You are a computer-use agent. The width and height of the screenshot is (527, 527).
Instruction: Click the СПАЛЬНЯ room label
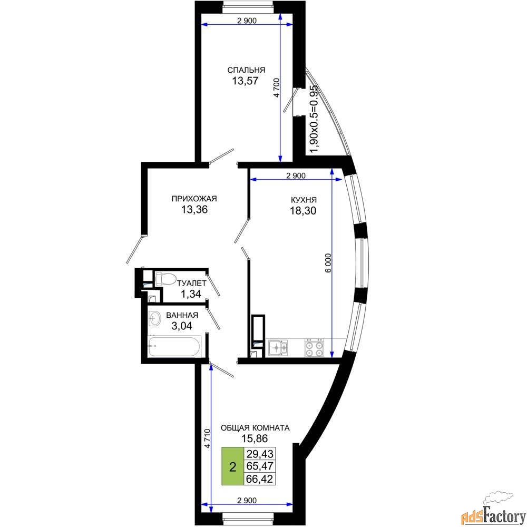click(246, 70)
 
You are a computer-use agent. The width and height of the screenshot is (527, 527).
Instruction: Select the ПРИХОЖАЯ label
click(194, 199)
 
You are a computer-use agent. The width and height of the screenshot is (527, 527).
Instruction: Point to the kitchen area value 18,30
click(304, 211)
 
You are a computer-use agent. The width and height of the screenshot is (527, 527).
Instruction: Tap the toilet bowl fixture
click(165, 279)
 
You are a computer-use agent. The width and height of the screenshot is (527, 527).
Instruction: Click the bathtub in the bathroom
click(174, 348)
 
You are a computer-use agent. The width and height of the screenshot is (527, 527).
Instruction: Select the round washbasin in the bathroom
click(155, 318)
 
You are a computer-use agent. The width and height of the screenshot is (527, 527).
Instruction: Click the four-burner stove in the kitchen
click(315, 348)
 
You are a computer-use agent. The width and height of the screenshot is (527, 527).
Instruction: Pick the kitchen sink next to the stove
click(278, 348)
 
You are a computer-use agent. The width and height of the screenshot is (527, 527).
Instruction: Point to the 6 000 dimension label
click(328, 263)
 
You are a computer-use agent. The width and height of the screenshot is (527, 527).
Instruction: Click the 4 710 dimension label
click(208, 438)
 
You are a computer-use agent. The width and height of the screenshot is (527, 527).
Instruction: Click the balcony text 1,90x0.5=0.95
click(314, 119)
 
